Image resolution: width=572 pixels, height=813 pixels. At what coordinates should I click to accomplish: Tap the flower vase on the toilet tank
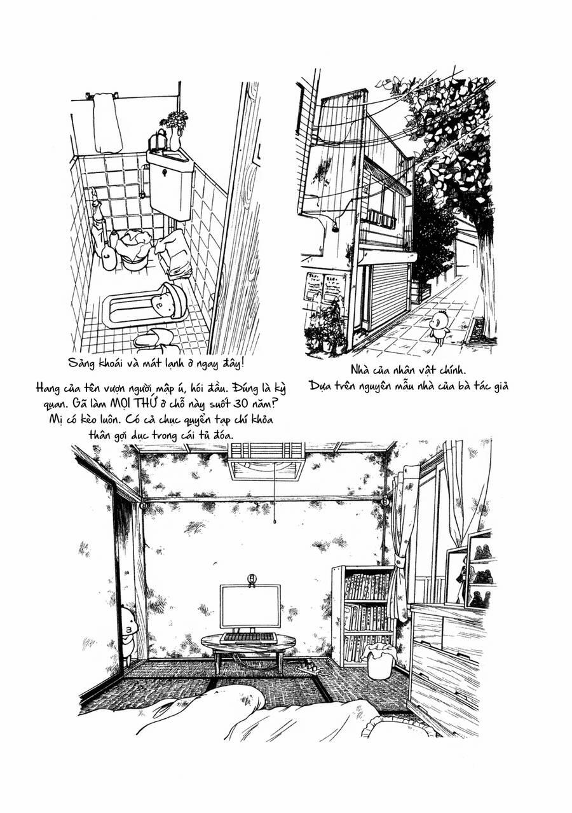[175, 130]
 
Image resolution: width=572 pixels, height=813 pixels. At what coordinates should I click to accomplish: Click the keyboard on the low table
[249, 637]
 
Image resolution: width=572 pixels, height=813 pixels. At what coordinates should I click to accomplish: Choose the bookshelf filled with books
[364, 615]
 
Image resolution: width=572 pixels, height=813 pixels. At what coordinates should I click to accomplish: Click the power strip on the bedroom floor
[310, 667]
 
